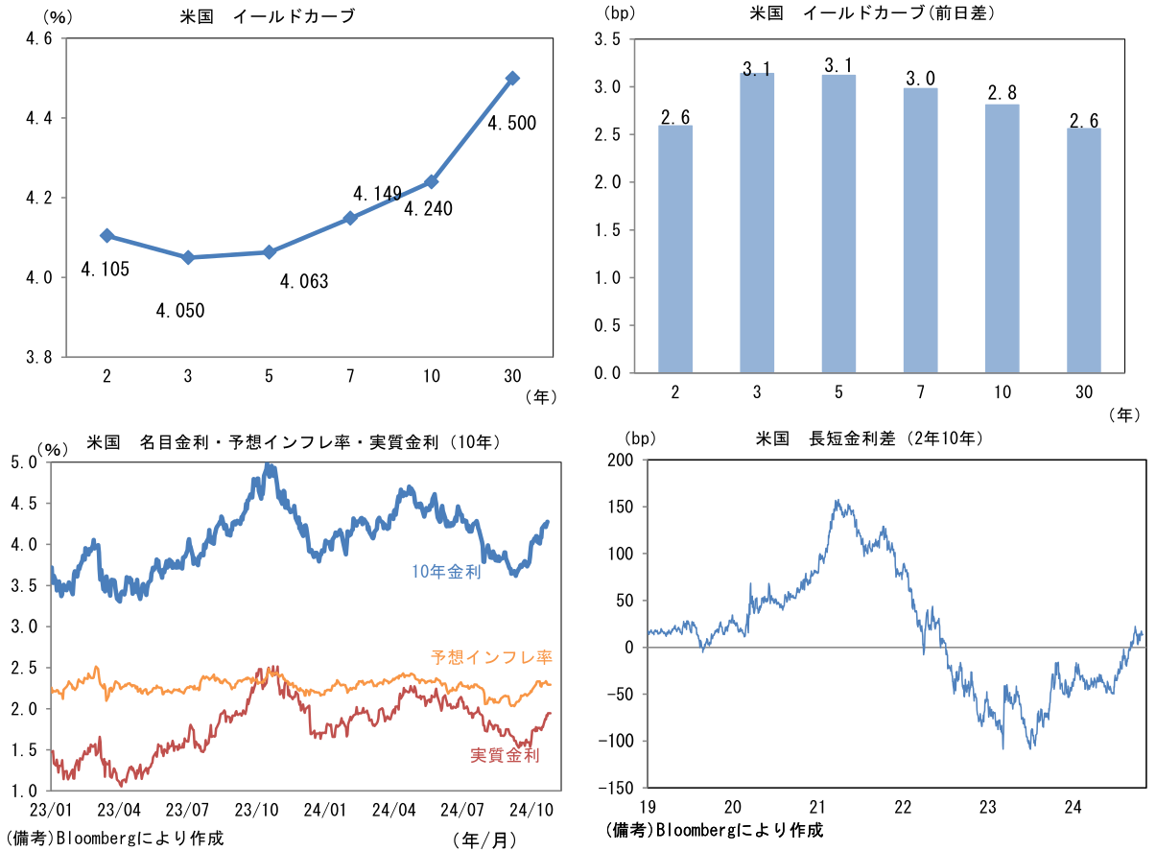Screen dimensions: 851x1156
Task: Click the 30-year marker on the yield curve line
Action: pos(512,78)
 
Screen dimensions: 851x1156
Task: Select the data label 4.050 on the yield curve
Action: pos(180,311)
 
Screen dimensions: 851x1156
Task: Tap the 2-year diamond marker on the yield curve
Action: pos(106,235)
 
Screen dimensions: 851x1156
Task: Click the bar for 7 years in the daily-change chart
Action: pos(920,230)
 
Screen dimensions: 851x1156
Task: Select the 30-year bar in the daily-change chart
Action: pos(1083,250)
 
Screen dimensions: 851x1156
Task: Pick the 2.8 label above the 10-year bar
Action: pos(1002,93)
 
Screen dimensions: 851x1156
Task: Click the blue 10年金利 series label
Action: pos(446,572)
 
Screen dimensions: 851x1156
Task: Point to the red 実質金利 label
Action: pos(505,755)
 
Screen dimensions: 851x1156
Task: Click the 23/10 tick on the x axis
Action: pos(256,810)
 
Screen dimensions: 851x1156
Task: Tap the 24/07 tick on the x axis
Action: pos(462,810)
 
